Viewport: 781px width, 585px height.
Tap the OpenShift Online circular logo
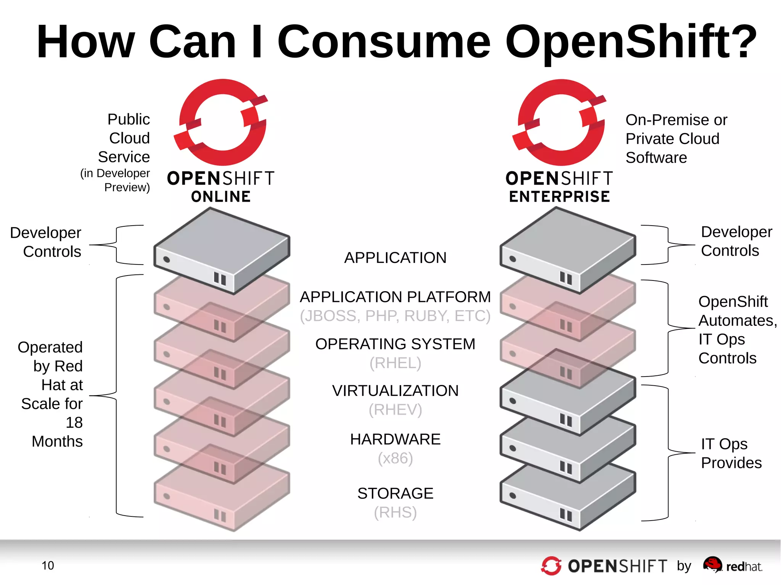click(221, 122)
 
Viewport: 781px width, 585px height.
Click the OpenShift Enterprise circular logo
click(560, 122)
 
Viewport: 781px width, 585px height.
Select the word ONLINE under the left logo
click(221, 197)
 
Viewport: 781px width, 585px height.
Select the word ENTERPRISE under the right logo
click(559, 197)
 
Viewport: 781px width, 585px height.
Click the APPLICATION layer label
click(395, 258)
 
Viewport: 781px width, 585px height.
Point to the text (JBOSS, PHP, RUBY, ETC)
click(395, 316)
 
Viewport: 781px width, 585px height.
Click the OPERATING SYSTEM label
click(395, 344)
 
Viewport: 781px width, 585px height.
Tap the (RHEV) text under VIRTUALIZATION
click(395, 410)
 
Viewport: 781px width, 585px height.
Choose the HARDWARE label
click(395, 439)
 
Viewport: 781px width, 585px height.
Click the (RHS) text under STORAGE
click(395, 513)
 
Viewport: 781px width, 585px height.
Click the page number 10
click(48, 566)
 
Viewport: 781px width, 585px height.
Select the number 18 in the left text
click(74, 423)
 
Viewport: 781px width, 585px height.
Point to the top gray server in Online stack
click(221, 250)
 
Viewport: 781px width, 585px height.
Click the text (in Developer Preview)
click(115, 180)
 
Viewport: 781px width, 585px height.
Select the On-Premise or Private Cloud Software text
click(676, 139)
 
